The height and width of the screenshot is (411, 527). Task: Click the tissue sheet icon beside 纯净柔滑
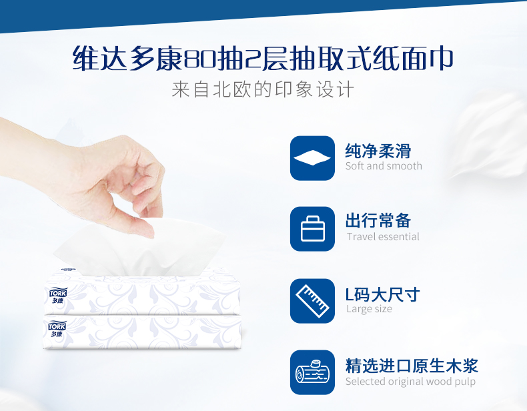coord(312,158)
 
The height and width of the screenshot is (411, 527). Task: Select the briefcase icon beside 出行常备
coord(312,229)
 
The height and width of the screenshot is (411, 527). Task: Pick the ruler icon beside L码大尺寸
coord(312,301)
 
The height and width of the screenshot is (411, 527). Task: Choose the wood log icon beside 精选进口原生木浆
coord(312,372)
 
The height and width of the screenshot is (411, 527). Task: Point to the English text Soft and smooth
coord(384,166)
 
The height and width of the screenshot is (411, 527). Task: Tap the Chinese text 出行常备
coord(378,221)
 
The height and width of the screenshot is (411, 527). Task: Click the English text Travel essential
coord(383,237)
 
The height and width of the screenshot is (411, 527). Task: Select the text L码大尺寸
coord(382,294)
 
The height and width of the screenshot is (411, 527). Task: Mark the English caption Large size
coord(369,309)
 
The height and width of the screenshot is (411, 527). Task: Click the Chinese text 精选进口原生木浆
coord(411,365)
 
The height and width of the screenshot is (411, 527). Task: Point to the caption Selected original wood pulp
coord(410,382)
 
